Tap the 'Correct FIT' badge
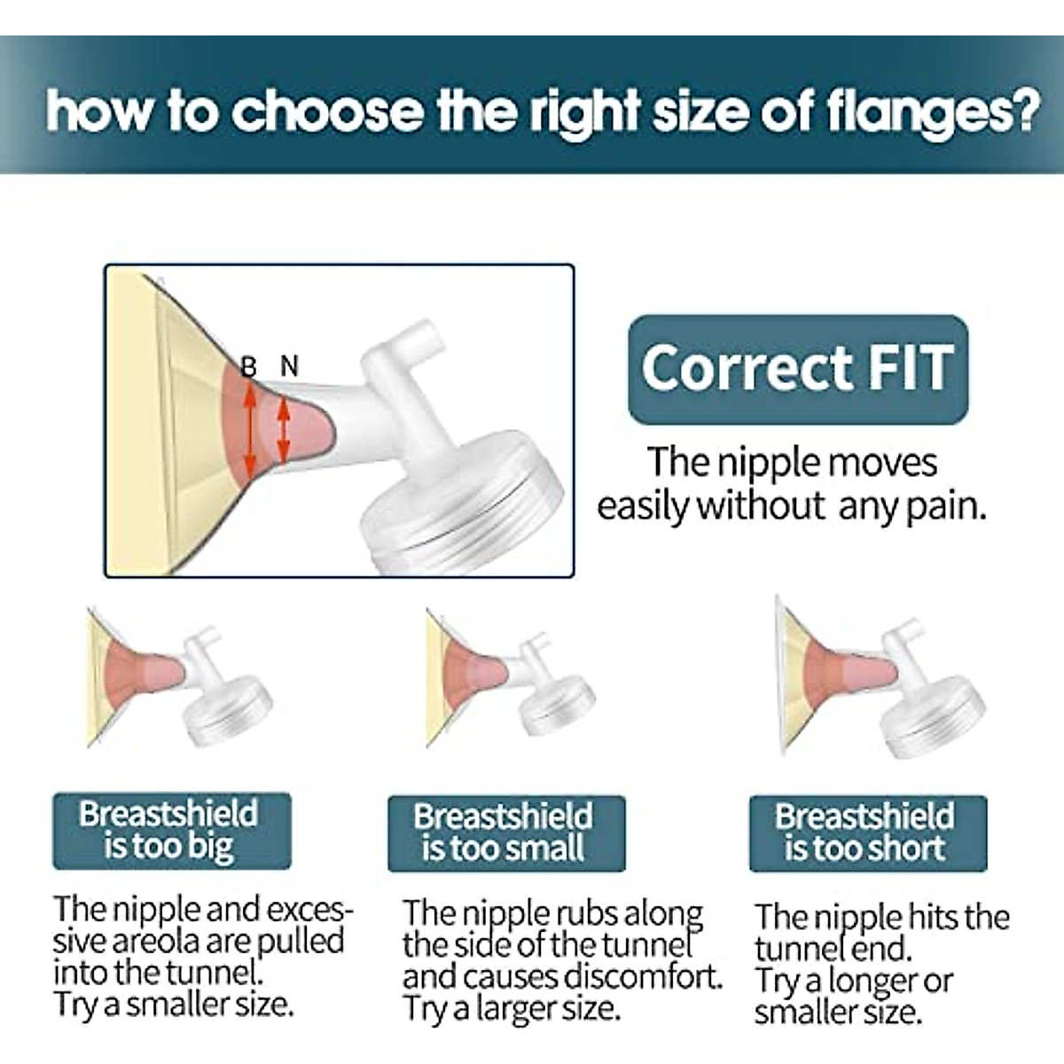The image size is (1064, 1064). click(x=798, y=370)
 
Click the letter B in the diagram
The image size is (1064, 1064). click(x=249, y=366)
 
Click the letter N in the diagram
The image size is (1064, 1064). click(x=289, y=365)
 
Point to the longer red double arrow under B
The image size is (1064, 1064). click(x=249, y=431)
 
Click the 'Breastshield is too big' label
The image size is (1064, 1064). click(x=172, y=832)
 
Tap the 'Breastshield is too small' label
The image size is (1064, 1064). click(x=506, y=833)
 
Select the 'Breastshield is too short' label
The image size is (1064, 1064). click(x=868, y=833)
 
